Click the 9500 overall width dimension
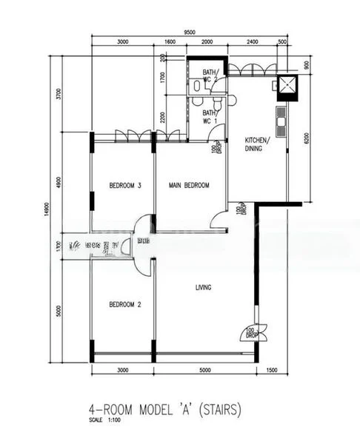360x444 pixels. tap(190, 33)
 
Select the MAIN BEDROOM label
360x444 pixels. tap(189, 186)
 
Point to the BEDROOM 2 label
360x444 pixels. tap(124, 304)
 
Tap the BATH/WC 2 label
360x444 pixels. tap(211, 75)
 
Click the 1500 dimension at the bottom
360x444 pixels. tap(272, 370)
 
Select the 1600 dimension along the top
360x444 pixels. tap(170, 43)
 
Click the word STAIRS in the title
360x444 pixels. tap(219, 408)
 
